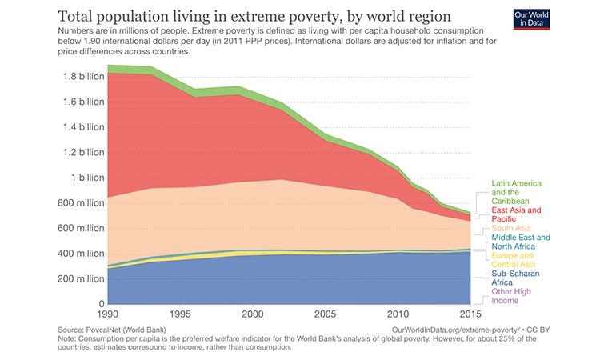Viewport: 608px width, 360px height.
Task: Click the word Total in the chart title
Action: click(80, 17)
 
